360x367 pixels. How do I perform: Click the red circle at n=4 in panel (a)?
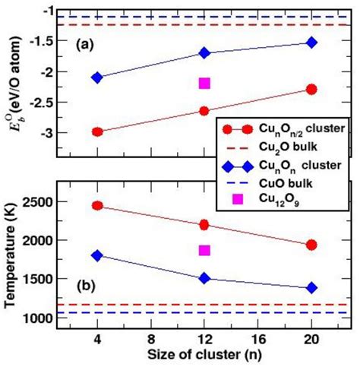click(x=97, y=131)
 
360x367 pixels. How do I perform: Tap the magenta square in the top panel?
click(x=204, y=83)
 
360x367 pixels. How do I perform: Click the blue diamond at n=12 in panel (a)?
click(x=204, y=52)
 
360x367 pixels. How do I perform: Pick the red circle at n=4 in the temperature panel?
click(x=97, y=206)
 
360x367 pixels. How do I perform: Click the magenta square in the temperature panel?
click(x=204, y=250)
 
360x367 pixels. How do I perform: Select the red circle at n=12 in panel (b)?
click(x=204, y=225)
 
